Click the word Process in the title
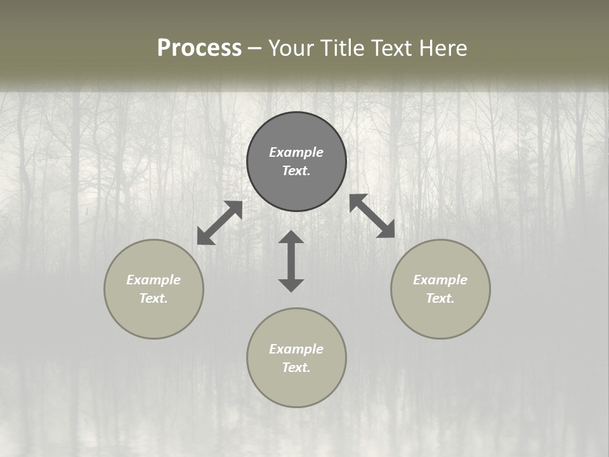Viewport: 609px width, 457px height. click(x=199, y=48)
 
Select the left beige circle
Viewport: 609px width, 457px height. click(x=154, y=317)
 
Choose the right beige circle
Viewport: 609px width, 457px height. click(x=440, y=317)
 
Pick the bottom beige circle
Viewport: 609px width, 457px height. click(x=296, y=387)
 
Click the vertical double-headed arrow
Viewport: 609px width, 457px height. click(x=291, y=261)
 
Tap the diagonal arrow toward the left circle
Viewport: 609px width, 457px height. click(x=219, y=223)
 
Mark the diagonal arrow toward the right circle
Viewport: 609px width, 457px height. click(x=372, y=216)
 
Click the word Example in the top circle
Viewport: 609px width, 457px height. click(x=296, y=152)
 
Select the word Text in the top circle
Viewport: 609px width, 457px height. click(x=296, y=171)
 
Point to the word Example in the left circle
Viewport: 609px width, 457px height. click(x=154, y=280)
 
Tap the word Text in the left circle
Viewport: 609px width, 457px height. click(x=154, y=298)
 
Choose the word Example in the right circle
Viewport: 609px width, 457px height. click(x=440, y=280)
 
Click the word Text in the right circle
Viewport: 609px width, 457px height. click(x=440, y=298)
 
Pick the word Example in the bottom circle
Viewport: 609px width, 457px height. click(x=296, y=349)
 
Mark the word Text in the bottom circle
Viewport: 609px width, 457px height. click(x=296, y=368)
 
